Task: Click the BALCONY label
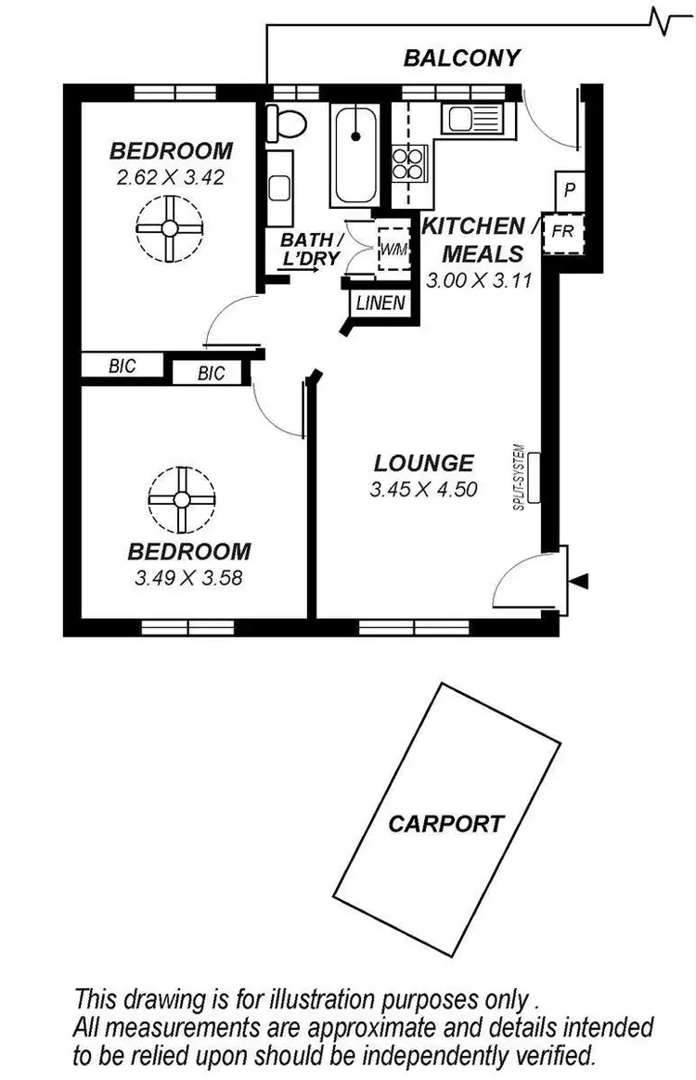[462, 58]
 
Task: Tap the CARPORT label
[446, 823]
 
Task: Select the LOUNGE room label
[424, 463]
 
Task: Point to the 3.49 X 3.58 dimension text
[189, 576]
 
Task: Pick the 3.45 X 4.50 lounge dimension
[423, 489]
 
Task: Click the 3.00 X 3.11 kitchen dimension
[478, 278]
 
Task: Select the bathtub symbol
[354, 153]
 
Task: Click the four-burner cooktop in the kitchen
[408, 163]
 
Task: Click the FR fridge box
[562, 231]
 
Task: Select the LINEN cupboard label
[380, 302]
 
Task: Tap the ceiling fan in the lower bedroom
[181, 499]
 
